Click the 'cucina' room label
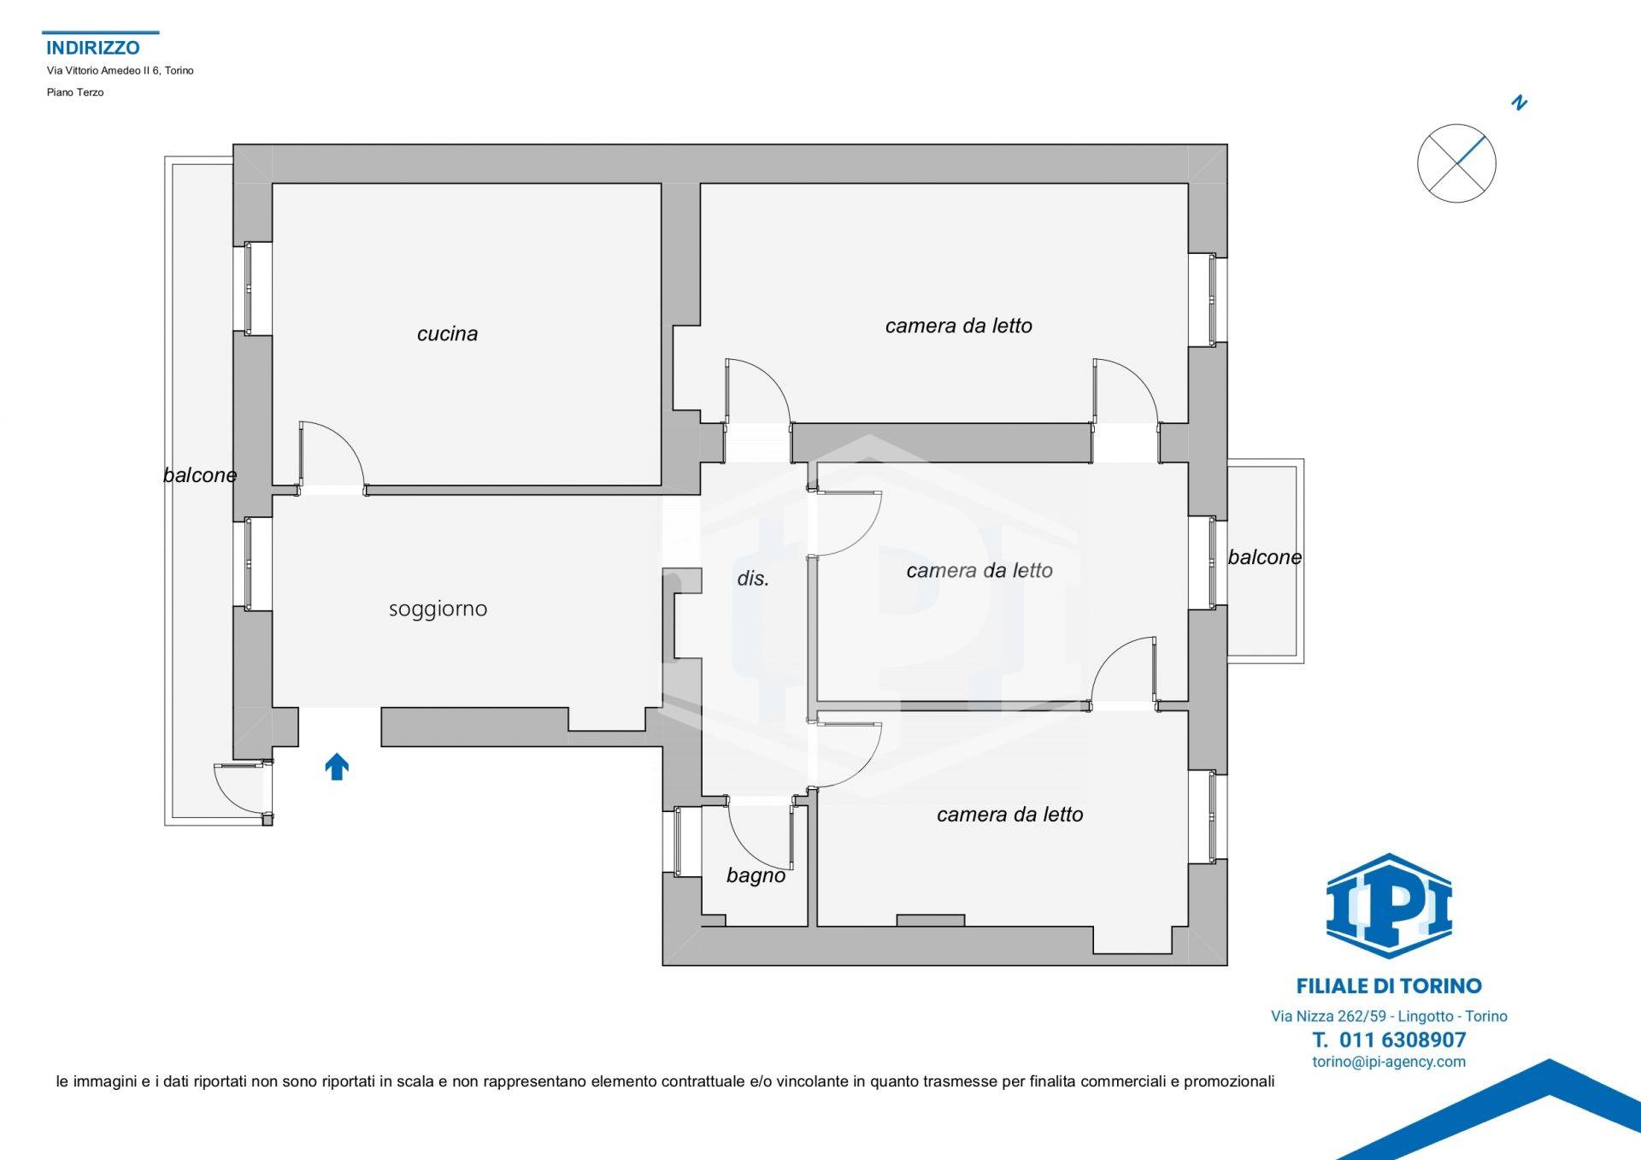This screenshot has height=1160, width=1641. tap(447, 333)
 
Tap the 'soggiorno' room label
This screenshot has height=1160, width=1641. tap(438, 609)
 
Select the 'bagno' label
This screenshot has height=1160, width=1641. tap(756, 875)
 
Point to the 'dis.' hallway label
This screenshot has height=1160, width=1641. tap(753, 579)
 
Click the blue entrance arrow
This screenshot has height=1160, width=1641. tap(337, 766)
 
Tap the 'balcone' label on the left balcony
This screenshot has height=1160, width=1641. tap(200, 475)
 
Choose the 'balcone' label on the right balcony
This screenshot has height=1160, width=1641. tap(1265, 557)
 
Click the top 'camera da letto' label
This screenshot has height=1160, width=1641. tap(958, 326)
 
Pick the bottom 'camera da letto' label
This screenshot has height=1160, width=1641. tap(1009, 815)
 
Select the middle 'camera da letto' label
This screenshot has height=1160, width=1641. tap(979, 570)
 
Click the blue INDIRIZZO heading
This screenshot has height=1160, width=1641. tap(92, 48)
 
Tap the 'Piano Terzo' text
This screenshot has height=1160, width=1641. tap(75, 92)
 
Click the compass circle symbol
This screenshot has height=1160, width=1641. tap(1456, 163)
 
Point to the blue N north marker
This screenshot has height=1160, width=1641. tap(1519, 103)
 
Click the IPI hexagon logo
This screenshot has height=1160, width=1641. tap(1389, 905)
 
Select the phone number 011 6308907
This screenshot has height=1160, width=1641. tap(1389, 1039)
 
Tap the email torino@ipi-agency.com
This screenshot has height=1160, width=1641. tap(1389, 1062)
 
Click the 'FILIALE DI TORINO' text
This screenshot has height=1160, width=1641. tap(1389, 986)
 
